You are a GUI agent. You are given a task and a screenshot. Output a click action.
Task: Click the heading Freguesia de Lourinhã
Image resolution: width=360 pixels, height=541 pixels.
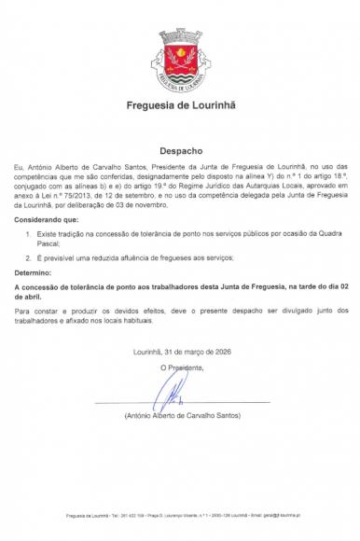click(181, 104)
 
